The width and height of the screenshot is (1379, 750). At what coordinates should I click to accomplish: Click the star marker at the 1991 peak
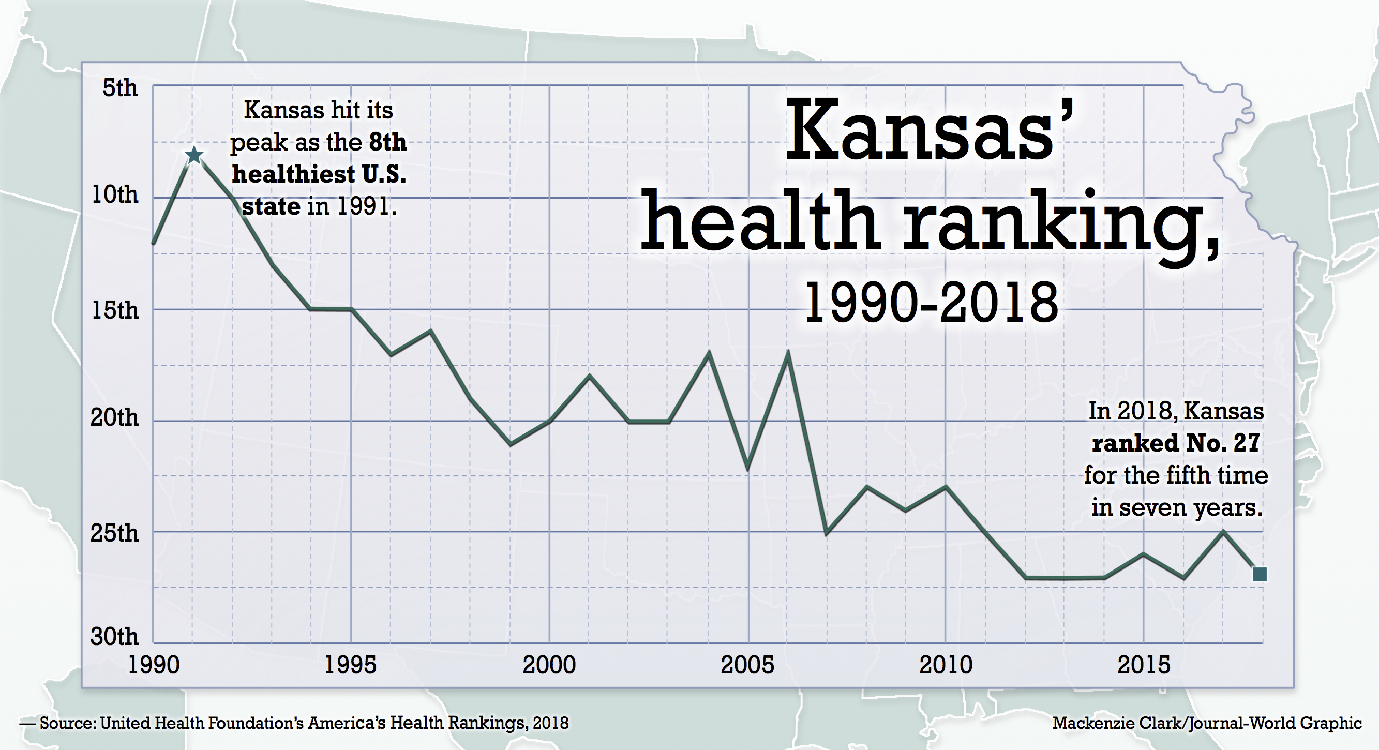(194, 155)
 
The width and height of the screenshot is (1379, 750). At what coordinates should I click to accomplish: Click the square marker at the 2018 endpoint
(1260, 575)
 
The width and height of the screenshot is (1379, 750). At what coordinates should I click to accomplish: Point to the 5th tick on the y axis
(120, 88)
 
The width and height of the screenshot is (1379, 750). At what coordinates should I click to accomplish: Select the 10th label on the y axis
(114, 194)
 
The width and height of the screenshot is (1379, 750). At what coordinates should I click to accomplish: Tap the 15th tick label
(114, 310)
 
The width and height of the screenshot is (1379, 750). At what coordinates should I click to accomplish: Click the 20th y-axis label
(114, 417)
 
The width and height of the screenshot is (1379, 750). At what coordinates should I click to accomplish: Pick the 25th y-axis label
(114, 533)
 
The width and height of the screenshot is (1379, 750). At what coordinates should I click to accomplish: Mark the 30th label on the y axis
(114, 637)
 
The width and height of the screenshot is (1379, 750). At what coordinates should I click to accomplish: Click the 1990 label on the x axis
(154, 665)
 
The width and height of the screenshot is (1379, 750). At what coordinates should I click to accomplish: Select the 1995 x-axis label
(351, 665)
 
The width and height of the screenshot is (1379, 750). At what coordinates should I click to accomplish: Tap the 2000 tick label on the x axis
(549, 665)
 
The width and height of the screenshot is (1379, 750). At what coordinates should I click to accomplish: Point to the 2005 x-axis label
(747, 665)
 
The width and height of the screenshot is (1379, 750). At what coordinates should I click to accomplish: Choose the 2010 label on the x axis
(946, 665)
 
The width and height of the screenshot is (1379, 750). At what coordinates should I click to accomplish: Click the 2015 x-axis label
(1144, 665)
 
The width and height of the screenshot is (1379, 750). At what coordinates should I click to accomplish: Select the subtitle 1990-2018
(931, 304)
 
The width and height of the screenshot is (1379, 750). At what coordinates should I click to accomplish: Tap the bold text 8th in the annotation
(387, 142)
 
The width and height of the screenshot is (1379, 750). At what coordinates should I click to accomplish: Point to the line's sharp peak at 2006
(787, 353)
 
